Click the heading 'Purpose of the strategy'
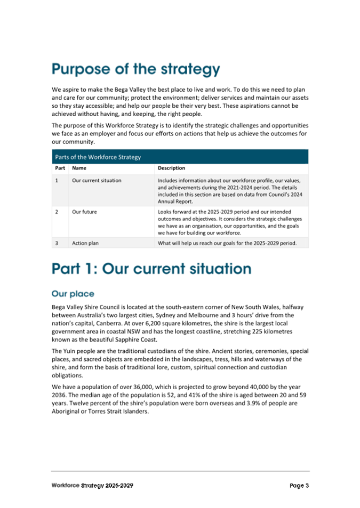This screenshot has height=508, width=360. (135, 69)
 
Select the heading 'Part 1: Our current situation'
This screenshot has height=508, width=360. (151, 268)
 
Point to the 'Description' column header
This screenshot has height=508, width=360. (172, 168)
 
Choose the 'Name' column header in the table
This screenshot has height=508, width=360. (79, 168)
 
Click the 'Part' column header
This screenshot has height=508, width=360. (60, 168)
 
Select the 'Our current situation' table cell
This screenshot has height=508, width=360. (97, 181)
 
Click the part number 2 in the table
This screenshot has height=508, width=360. (57, 212)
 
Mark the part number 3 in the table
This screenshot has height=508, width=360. (57, 243)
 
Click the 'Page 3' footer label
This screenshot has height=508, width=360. (299, 486)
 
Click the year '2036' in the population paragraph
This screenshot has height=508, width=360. (61, 395)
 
